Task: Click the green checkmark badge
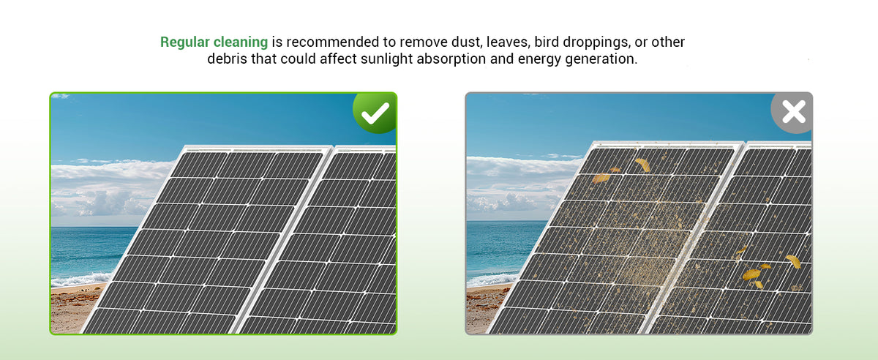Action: tap(375, 113)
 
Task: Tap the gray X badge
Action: tap(792, 113)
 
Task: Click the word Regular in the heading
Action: tap(184, 42)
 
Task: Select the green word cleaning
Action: tap(241, 42)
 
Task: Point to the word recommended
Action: tap(333, 42)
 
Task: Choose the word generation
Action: tap(601, 59)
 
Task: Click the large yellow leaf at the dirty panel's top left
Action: tap(601, 179)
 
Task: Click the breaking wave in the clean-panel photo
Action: tap(80, 280)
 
